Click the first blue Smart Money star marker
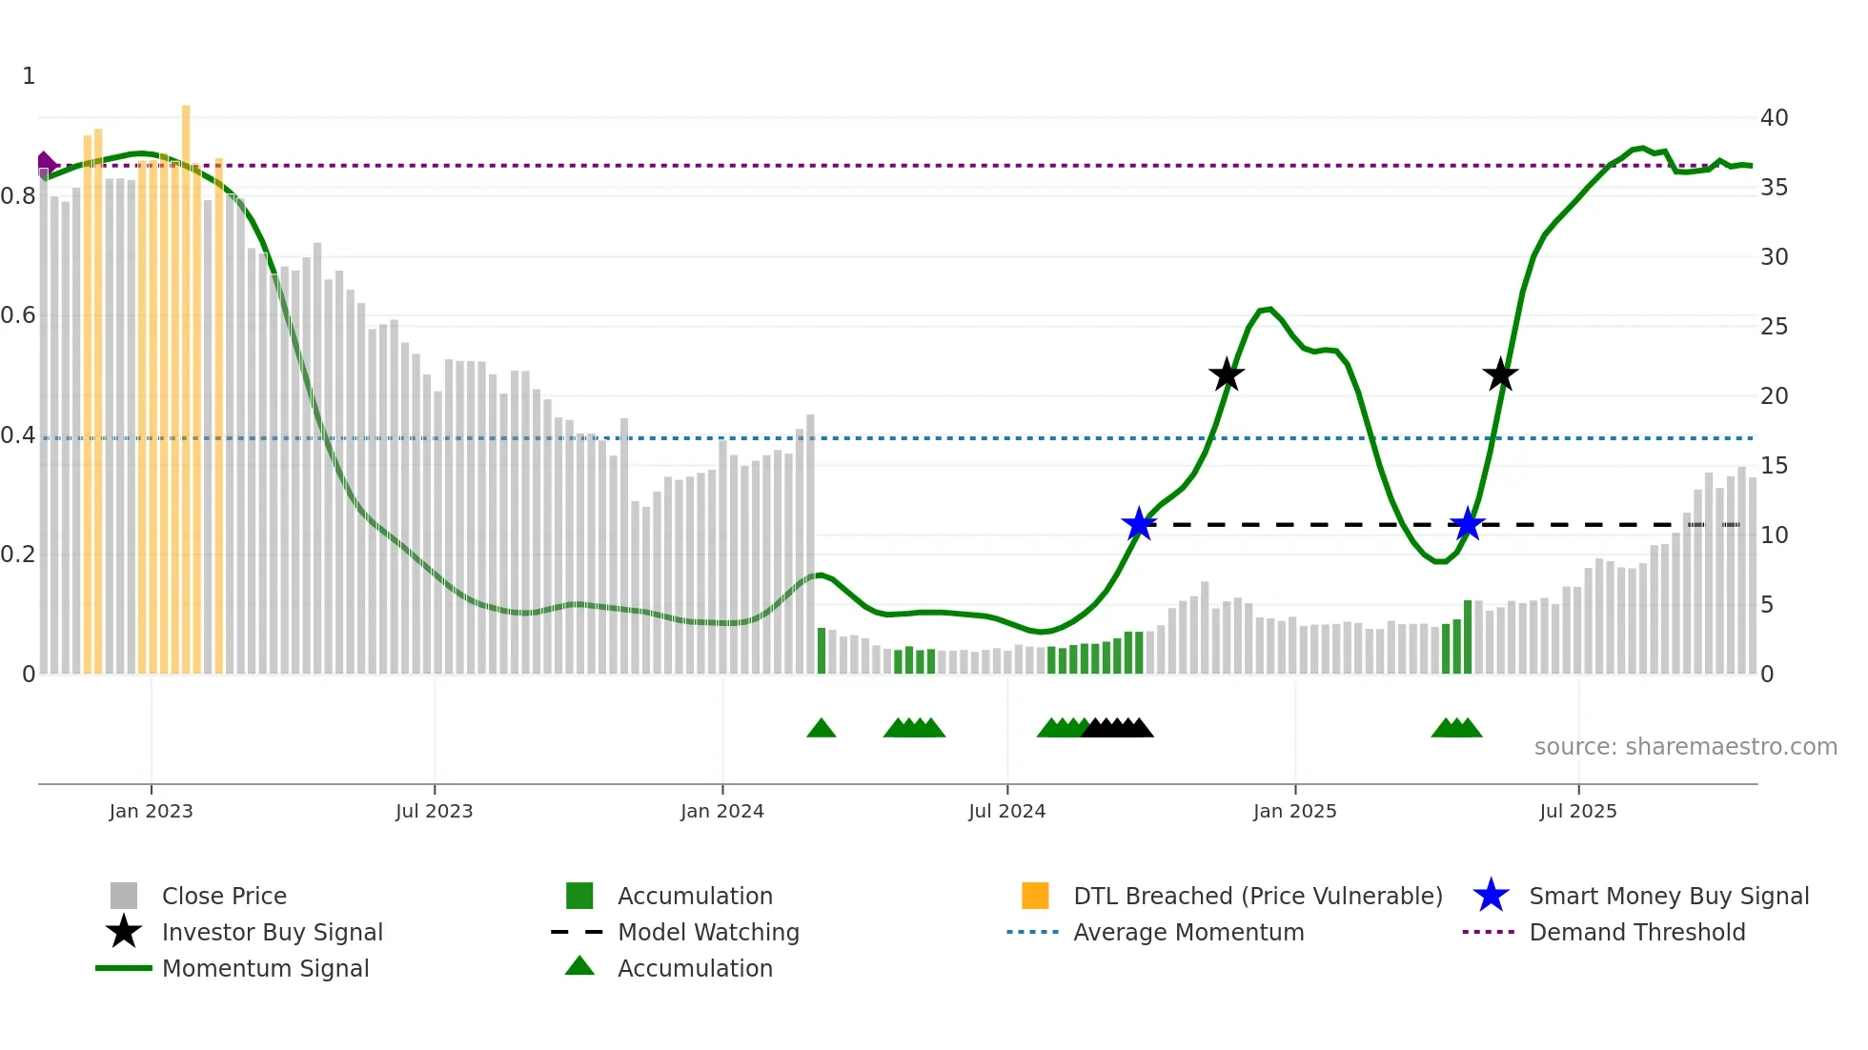point(1139,524)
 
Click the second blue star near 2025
point(1468,524)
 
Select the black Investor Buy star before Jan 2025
point(1227,374)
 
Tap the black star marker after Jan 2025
point(1500,374)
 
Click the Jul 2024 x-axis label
point(1006,811)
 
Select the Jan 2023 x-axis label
point(151,811)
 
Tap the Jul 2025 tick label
point(1577,811)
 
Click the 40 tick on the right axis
point(1774,118)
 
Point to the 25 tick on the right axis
point(1774,327)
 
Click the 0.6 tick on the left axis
point(18,315)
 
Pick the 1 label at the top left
point(29,76)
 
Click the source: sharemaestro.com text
point(1685,747)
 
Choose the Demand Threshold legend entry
point(1636,932)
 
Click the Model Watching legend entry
point(708,932)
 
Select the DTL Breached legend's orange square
point(1035,896)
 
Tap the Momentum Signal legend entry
point(265,968)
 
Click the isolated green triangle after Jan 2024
point(821,729)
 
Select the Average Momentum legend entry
point(1188,932)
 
